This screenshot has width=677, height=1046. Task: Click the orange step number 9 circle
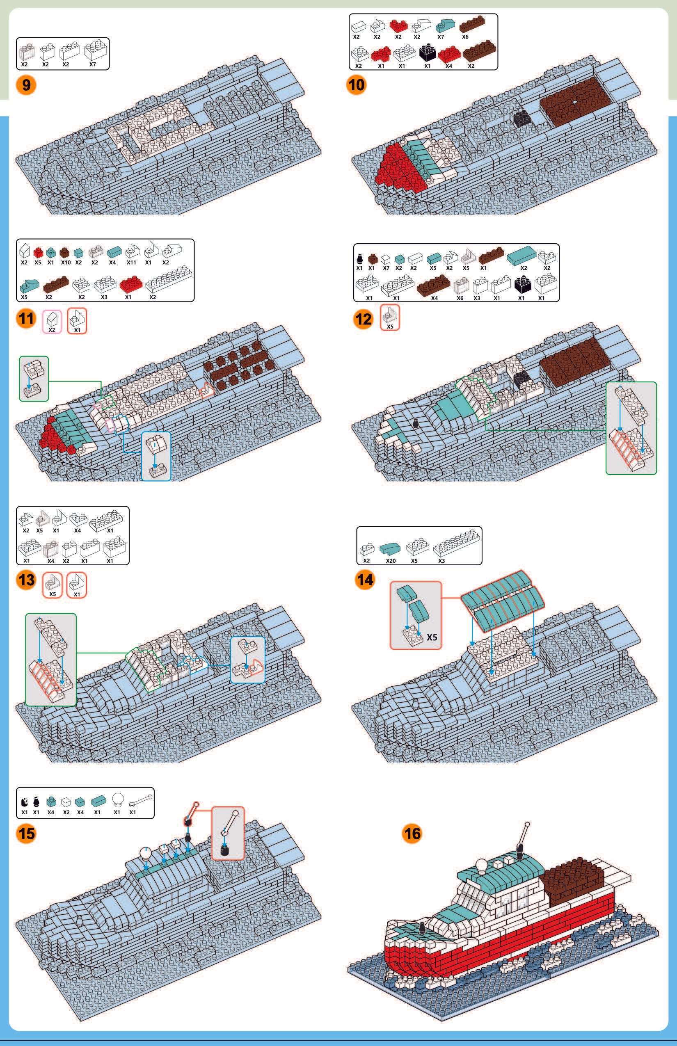click(26, 85)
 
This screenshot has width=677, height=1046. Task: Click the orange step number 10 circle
click(356, 84)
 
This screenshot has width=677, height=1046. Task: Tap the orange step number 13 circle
click(26, 580)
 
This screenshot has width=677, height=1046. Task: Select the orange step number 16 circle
click(412, 833)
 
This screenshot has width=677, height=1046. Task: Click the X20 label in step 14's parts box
click(390, 561)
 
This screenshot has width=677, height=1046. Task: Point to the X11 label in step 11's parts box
click(131, 263)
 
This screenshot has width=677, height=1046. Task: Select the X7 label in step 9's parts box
click(92, 64)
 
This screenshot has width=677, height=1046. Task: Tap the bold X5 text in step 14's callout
click(432, 637)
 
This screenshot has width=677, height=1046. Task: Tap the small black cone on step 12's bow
click(415, 424)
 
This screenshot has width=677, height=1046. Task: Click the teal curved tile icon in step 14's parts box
click(390, 548)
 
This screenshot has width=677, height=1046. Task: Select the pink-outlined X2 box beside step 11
click(51, 321)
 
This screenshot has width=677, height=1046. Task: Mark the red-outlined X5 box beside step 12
click(389, 317)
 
